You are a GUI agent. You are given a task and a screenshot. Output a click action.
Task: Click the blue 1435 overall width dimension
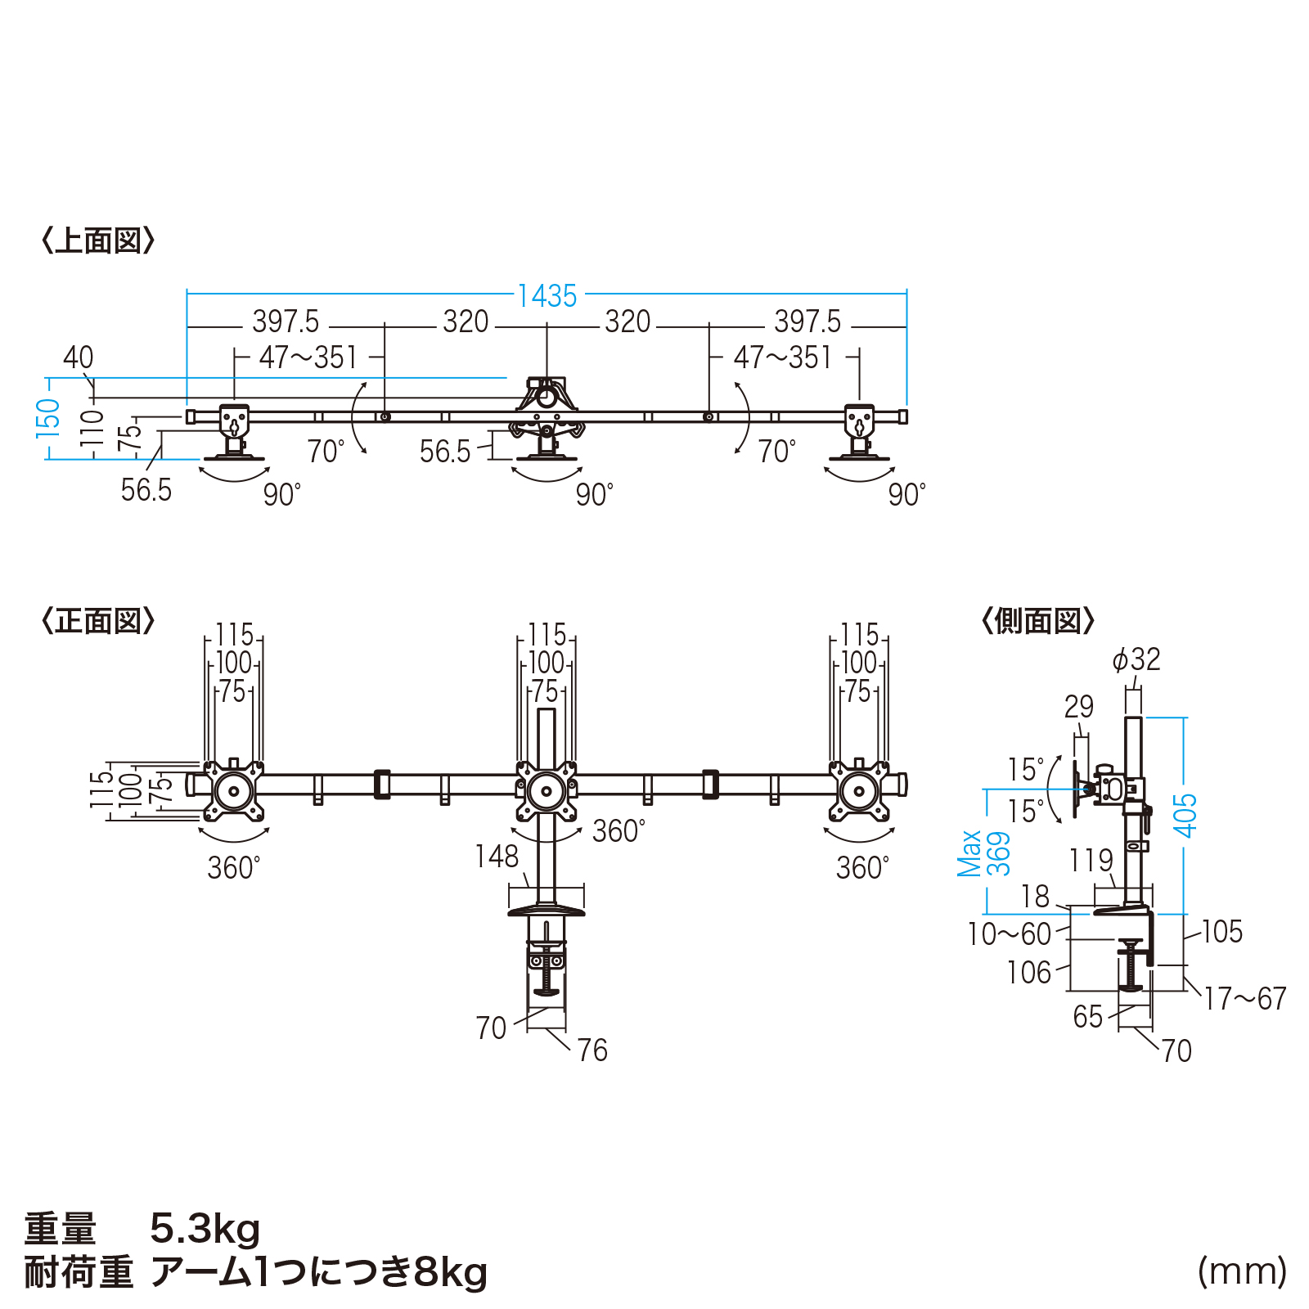point(547,295)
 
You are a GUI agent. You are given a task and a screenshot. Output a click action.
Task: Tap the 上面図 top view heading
point(98,241)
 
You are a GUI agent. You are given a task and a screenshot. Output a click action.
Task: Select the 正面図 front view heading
point(98,621)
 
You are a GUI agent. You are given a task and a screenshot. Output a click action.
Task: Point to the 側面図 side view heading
point(1037,621)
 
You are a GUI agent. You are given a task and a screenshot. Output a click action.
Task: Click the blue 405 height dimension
point(1185,815)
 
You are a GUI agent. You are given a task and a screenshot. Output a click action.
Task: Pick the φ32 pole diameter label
point(1136,659)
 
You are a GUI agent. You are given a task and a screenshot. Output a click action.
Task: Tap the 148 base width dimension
point(497,857)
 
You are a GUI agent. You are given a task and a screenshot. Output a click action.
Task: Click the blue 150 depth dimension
point(48,418)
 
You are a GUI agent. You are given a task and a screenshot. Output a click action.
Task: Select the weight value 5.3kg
point(205,1229)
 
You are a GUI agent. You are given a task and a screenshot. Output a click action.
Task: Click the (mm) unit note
point(1243,1271)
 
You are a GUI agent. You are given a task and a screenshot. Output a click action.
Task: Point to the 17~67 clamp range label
point(1245,998)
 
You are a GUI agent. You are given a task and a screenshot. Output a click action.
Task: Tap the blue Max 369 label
point(984,853)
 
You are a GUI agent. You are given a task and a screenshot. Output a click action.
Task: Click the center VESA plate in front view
point(546,791)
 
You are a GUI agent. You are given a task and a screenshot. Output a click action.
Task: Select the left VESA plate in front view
point(234,790)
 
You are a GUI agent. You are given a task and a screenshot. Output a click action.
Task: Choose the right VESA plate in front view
point(859,790)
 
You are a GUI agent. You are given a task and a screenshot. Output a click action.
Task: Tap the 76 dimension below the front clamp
point(592,1050)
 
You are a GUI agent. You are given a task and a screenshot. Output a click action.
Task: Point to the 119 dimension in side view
point(1091,861)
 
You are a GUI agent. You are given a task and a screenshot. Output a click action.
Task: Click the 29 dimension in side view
point(1079,707)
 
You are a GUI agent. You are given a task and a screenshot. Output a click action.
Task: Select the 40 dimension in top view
point(79,358)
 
